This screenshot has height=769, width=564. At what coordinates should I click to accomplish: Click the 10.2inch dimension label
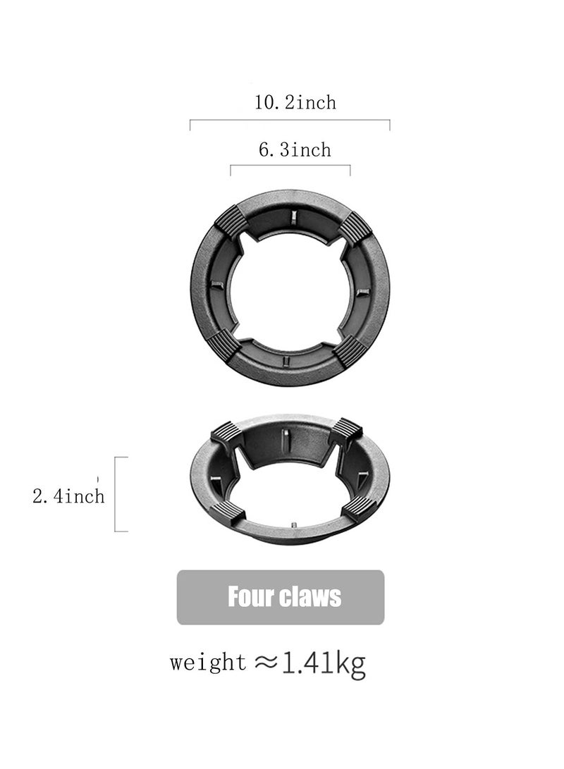coord(295,103)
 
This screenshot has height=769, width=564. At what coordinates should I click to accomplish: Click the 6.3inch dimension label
coord(295,149)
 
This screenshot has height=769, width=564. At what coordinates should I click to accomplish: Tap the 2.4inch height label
coord(68,496)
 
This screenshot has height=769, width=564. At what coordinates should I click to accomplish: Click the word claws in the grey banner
coord(310,597)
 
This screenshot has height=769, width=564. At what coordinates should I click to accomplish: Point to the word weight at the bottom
coord(208,663)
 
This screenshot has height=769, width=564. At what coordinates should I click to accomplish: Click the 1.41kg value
coord(324,663)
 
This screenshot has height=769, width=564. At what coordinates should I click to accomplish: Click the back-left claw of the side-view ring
coord(227,433)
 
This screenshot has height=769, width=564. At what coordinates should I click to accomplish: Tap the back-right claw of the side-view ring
coord(345,430)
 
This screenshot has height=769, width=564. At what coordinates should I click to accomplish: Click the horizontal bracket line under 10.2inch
coord(290,121)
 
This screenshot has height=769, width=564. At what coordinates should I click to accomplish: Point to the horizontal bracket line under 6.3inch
coord(290,166)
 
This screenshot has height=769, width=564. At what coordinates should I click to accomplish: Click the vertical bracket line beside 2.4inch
coord(116,493)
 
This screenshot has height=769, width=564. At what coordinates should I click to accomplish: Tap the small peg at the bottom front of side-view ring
coord(291,525)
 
